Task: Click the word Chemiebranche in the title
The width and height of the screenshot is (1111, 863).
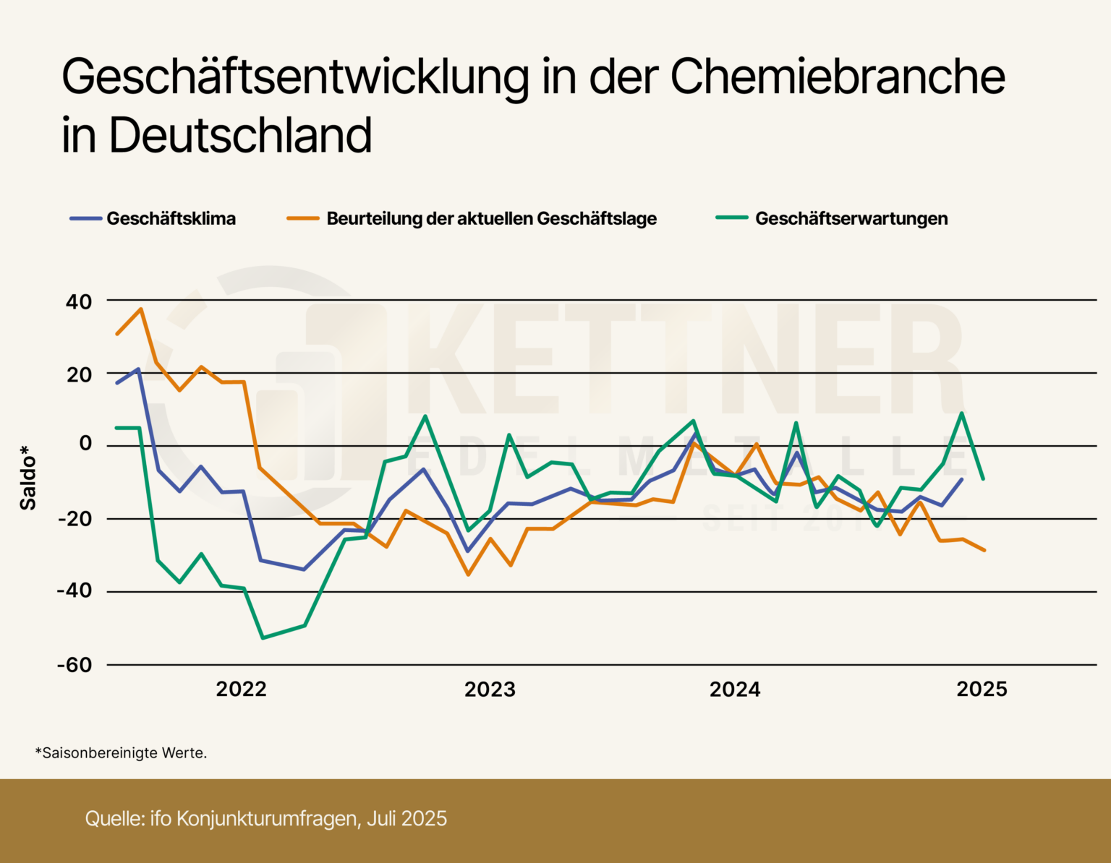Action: [x=837, y=77]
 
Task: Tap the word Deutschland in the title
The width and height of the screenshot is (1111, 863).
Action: [x=240, y=136]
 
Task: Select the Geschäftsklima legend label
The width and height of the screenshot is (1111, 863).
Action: [x=171, y=218]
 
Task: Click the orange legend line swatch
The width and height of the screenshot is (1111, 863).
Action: [x=302, y=218]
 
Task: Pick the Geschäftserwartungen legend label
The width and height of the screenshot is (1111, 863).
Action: [x=851, y=218]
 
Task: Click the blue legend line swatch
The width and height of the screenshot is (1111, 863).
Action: [x=85, y=218]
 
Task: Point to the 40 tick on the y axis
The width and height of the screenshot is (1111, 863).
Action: [x=79, y=301]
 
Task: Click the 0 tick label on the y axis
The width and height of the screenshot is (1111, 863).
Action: [x=85, y=444]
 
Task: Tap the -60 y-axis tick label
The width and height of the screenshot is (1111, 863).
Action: [x=75, y=665]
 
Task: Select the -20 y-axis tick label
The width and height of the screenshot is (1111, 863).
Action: [x=75, y=519]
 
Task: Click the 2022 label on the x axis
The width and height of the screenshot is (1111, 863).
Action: [x=241, y=690]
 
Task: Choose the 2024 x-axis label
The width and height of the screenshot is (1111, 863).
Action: [x=735, y=690]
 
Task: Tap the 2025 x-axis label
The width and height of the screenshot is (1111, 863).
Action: [x=982, y=690]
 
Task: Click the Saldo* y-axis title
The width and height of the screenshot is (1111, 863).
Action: [x=27, y=478]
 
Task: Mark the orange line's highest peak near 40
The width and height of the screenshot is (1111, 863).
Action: [x=140, y=309]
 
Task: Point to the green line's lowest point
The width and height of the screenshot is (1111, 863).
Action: [x=263, y=637]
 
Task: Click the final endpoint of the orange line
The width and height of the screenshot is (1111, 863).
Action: [x=984, y=550]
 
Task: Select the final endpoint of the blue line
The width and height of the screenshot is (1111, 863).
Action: [x=961, y=479]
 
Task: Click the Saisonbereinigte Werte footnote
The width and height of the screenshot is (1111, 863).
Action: [x=121, y=753]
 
